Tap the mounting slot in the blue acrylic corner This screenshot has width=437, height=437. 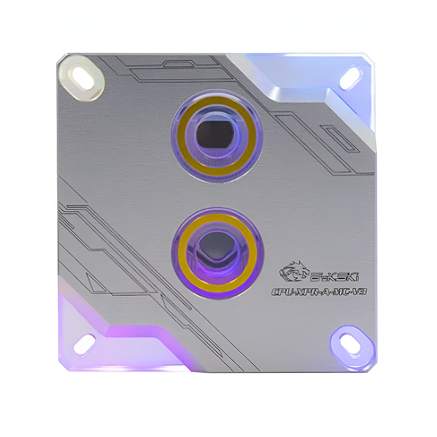click(x=350, y=78)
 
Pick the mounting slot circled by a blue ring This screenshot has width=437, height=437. click(x=350, y=343)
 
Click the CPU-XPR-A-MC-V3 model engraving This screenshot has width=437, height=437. click(x=319, y=292)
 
